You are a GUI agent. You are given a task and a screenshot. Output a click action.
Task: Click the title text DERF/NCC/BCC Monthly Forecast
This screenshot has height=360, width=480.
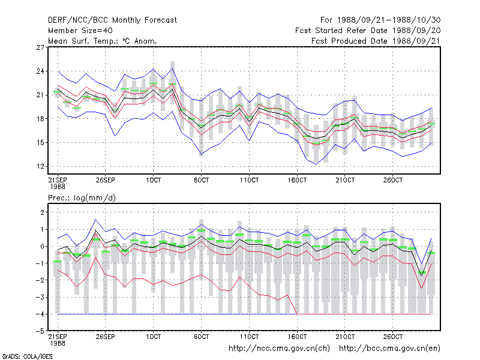click(x=112, y=20)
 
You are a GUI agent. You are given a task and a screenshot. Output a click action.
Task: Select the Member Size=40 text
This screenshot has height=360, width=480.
click(x=80, y=31)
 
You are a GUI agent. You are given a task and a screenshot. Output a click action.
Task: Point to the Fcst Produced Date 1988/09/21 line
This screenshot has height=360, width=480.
click(x=376, y=41)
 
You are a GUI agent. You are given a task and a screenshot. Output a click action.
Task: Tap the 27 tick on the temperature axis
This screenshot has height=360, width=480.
click(x=40, y=47)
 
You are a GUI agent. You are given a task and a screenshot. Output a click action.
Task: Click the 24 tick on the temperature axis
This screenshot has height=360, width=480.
click(x=40, y=71)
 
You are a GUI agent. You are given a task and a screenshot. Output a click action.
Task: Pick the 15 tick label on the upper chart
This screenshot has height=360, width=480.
click(x=40, y=143)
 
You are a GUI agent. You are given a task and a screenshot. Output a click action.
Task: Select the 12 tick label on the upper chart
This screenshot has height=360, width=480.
click(x=40, y=167)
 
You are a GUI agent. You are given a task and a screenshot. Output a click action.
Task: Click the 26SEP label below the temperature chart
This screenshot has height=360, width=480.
click(x=106, y=180)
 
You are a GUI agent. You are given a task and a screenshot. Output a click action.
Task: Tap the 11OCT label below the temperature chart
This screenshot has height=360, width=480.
click(x=249, y=180)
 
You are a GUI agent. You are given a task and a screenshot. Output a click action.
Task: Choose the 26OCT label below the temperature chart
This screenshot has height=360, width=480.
click(x=393, y=180)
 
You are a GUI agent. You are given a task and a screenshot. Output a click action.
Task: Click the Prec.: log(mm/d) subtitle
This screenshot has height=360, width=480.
click(x=82, y=198)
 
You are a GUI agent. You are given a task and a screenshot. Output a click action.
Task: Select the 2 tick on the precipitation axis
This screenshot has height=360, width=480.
click(x=42, y=212)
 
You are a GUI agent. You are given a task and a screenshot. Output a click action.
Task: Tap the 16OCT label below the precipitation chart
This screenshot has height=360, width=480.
click(x=297, y=337)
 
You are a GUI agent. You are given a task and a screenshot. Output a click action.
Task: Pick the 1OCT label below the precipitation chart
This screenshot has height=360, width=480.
click(x=154, y=337)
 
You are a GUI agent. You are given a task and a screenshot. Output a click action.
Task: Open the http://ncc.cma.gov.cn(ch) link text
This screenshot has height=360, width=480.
click(x=279, y=349)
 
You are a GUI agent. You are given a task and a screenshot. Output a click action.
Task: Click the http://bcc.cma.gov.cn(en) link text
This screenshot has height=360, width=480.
click(x=389, y=349)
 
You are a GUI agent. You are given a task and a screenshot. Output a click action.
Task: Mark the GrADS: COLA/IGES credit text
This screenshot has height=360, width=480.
click(x=27, y=356)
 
